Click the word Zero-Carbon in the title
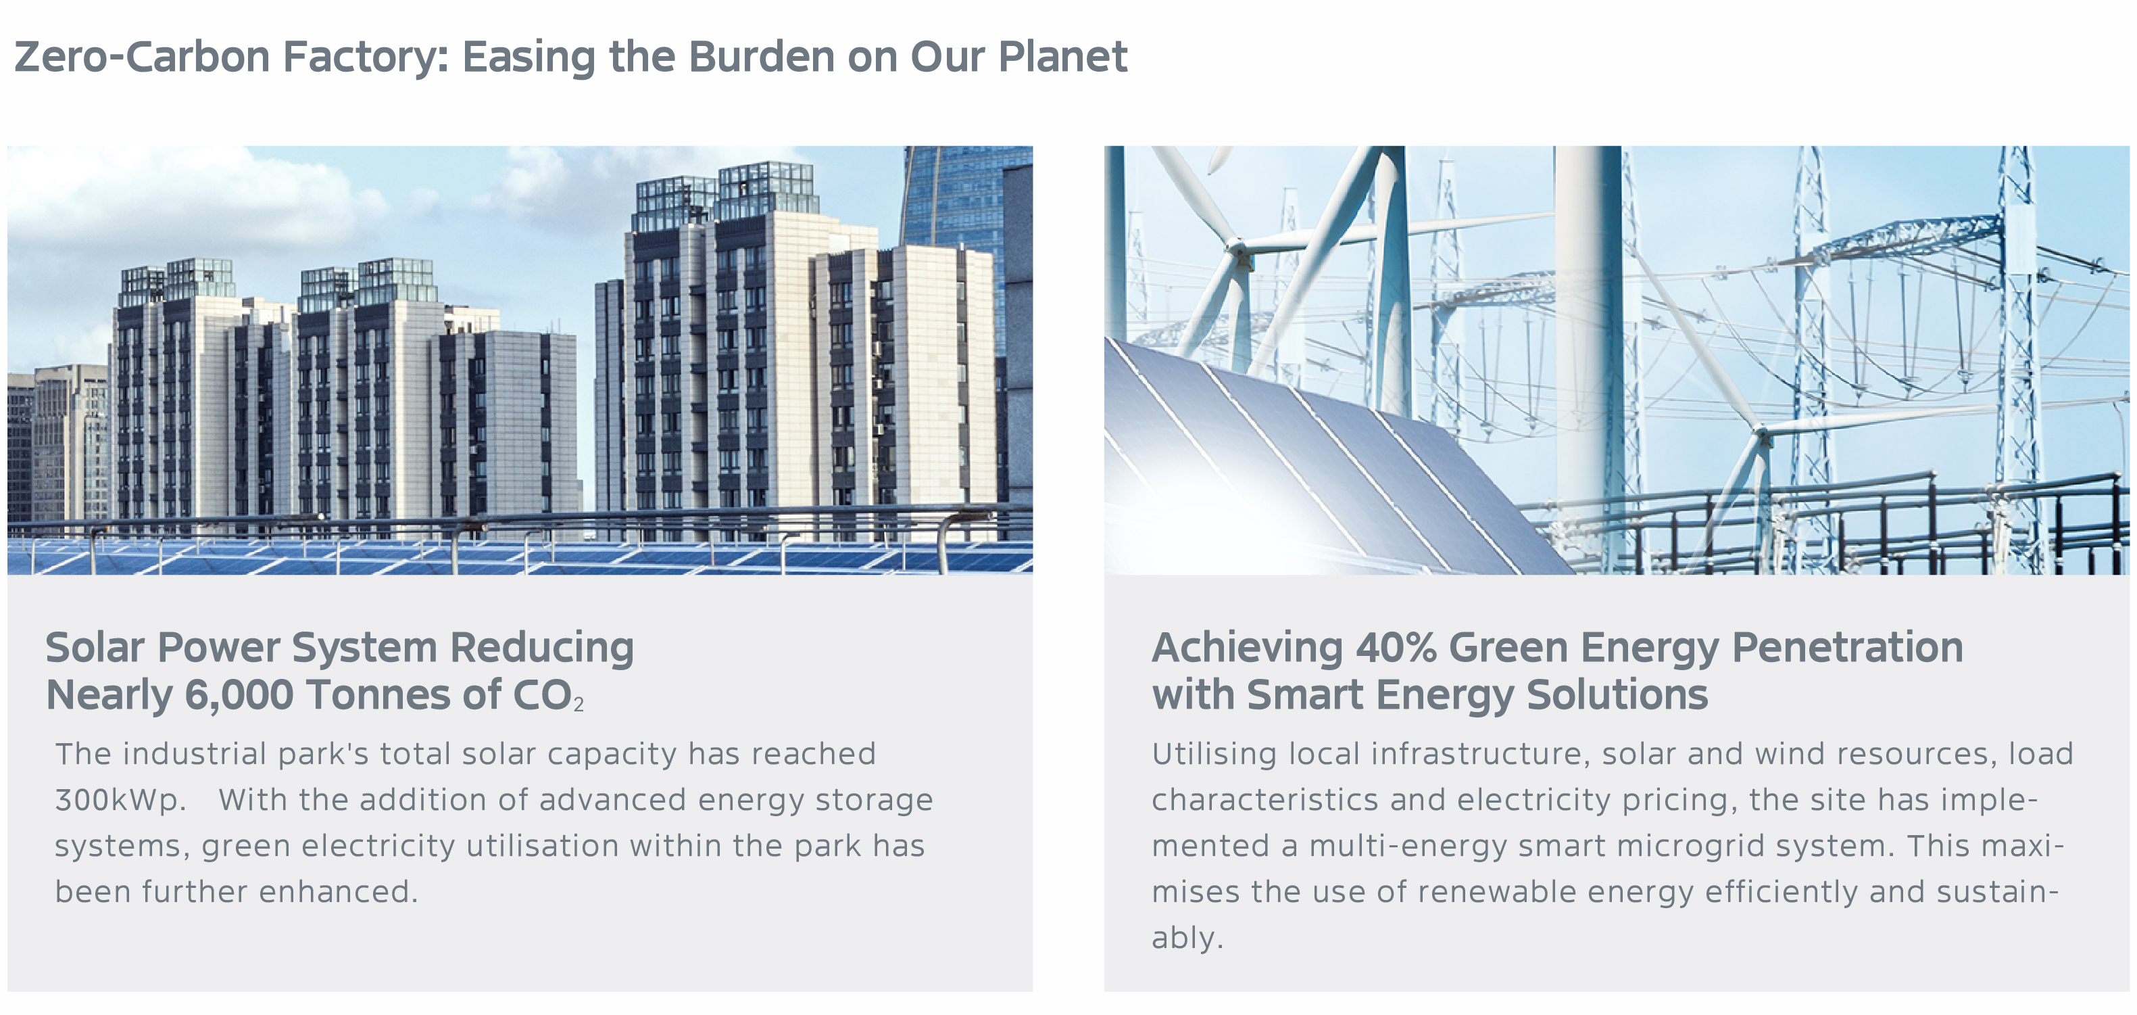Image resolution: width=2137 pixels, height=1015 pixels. coord(142,57)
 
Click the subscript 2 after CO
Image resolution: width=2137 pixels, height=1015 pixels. coord(579,705)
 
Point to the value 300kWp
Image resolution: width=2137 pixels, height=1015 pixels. coord(120,799)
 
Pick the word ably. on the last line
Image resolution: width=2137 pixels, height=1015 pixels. coord(1187,938)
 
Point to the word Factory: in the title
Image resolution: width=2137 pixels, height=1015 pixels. coord(365,57)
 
